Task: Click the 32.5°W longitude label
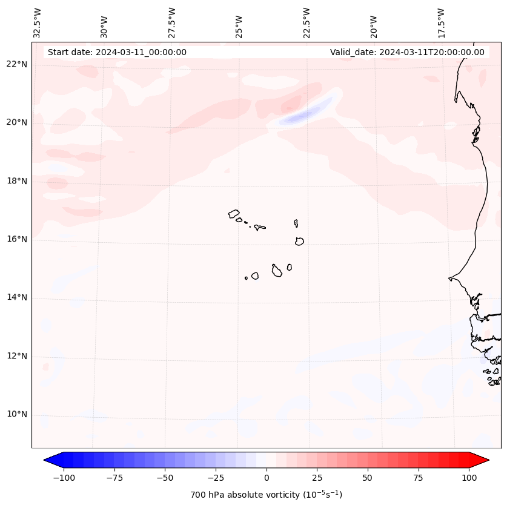(x=38, y=22)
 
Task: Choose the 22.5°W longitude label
(x=307, y=22)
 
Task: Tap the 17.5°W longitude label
(x=441, y=22)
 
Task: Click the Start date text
(x=117, y=52)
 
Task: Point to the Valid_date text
(x=407, y=52)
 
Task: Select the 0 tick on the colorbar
(x=267, y=478)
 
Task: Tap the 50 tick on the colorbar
(x=368, y=478)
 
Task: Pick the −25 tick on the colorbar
(x=216, y=478)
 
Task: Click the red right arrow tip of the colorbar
(x=485, y=460)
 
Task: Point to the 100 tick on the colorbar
(x=468, y=478)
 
